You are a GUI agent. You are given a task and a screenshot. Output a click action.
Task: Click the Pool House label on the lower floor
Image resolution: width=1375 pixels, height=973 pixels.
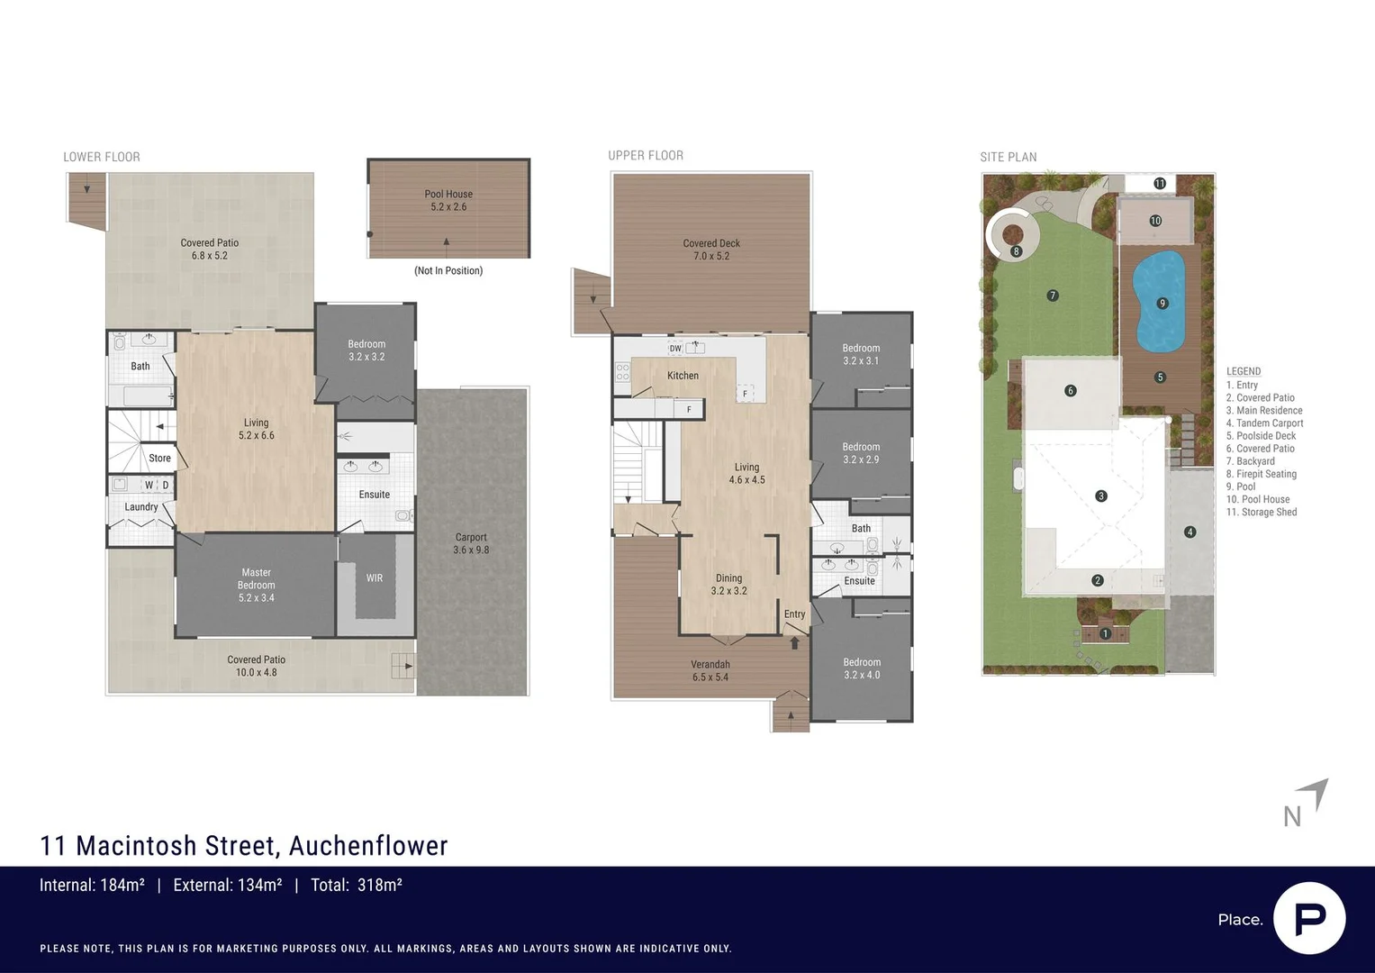pyautogui.click(x=448, y=200)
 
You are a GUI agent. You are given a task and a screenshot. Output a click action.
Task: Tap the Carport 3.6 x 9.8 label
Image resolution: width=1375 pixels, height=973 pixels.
pyautogui.click(x=472, y=543)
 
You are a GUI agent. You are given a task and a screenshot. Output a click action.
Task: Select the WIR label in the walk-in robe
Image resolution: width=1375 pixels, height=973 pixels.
pyautogui.click(x=375, y=578)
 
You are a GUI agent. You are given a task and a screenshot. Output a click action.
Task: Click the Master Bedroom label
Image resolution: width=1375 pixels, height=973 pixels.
pyautogui.click(x=257, y=585)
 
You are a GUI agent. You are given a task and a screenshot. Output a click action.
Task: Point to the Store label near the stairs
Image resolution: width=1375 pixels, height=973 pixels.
pyautogui.click(x=159, y=458)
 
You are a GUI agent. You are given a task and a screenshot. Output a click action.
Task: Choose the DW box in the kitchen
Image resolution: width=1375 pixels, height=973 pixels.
pyautogui.click(x=675, y=349)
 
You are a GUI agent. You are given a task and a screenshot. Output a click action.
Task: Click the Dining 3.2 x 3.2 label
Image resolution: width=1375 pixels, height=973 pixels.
pyautogui.click(x=729, y=584)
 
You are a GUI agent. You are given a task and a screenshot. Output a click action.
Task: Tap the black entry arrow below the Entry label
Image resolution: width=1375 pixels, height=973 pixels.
pyautogui.click(x=794, y=642)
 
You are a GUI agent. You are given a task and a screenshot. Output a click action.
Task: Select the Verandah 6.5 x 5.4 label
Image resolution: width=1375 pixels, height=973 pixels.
pyautogui.click(x=710, y=671)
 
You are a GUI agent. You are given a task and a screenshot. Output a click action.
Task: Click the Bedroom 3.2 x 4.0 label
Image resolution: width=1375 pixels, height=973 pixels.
pyautogui.click(x=862, y=668)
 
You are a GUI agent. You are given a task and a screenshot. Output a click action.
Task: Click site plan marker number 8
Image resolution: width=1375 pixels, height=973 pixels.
pyautogui.click(x=1016, y=251)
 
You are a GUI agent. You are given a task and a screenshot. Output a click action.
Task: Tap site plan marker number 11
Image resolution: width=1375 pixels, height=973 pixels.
pyautogui.click(x=1160, y=183)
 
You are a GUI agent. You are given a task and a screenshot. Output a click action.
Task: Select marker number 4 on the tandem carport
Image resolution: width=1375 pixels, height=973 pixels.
pyautogui.click(x=1190, y=532)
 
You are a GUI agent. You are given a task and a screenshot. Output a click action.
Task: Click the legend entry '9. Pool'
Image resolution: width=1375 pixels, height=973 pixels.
pyautogui.click(x=1241, y=486)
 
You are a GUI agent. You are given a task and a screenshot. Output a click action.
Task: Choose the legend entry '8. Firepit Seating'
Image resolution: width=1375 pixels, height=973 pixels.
pyautogui.click(x=1262, y=474)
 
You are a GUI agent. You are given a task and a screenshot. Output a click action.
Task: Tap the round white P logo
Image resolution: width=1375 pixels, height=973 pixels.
pyautogui.click(x=1309, y=919)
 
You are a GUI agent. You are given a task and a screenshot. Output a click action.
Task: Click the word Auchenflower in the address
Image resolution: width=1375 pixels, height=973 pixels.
pyautogui.click(x=368, y=846)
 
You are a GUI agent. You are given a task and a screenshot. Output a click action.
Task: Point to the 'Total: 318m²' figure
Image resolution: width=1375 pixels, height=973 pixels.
pyautogui.click(x=356, y=885)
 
